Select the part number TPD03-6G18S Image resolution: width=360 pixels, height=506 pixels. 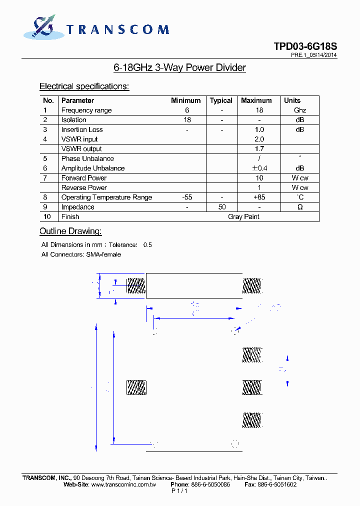(305, 46)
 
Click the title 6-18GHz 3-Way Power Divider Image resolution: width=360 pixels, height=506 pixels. (179, 67)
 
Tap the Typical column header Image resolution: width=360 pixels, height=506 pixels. (221, 100)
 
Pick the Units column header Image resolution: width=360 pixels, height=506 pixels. (292, 100)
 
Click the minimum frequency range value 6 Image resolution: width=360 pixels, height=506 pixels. (187, 110)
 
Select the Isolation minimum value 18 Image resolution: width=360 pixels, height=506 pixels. (187, 120)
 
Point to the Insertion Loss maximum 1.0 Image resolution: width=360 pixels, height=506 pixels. (259, 129)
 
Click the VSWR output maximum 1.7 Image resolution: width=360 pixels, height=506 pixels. (259, 149)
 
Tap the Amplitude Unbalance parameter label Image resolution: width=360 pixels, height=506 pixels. (93, 168)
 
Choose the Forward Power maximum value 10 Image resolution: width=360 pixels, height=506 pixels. (259, 178)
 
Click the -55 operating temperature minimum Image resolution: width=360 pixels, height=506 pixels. (187, 197)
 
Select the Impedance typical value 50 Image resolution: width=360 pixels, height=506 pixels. (222, 207)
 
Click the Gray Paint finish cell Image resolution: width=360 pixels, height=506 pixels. (243, 216)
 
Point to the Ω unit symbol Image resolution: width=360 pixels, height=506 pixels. (300, 207)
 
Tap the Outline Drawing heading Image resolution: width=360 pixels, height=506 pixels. (70, 231)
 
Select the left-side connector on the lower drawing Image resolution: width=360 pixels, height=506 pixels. (135, 387)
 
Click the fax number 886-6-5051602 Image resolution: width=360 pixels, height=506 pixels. (277, 484)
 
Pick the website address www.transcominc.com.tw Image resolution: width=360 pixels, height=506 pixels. (124, 484)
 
